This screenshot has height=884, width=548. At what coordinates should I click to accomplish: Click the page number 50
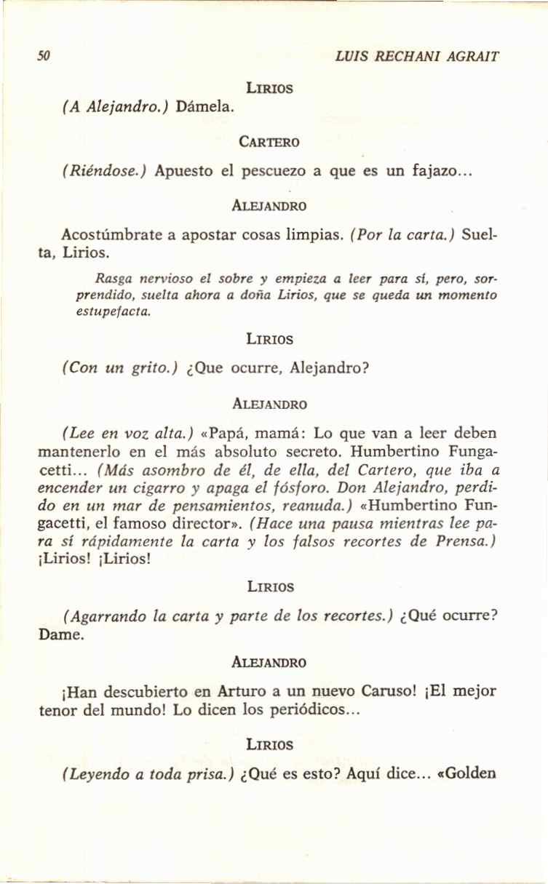pyautogui.click(x=44, y=56)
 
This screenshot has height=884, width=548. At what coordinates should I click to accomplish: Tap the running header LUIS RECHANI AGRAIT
pyautogui.click(x=416, y=56)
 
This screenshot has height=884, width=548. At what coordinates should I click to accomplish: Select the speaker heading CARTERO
pyautogui.click(x=269, y=141)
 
